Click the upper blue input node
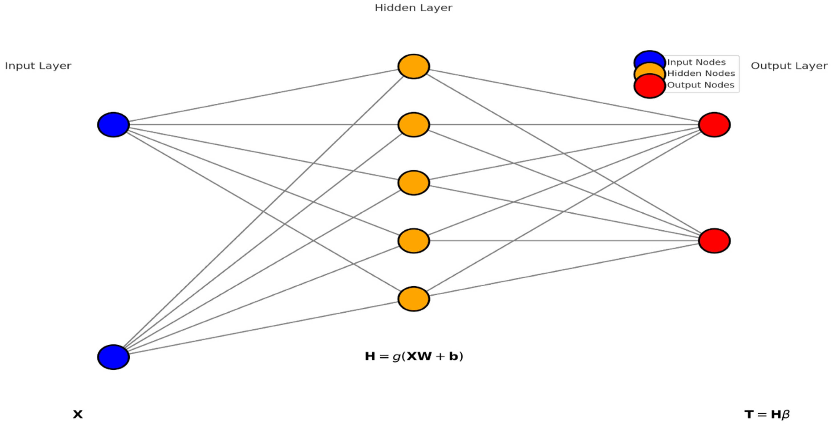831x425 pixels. (113, 125)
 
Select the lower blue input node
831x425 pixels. (113, 357)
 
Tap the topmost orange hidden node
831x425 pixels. (414, 67)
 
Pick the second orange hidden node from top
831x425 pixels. (414, 125)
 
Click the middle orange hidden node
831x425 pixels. (414, 183)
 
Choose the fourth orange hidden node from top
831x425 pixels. (414, 241)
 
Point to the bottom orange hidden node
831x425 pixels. (414, 299)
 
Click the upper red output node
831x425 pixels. (714, 125)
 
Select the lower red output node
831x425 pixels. (714, 241)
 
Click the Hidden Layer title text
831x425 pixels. (414, 8)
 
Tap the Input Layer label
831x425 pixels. (38, 66)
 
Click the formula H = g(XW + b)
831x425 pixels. (414, 356)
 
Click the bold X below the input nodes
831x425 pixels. (78, 414)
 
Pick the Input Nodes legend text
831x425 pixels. (696, 62)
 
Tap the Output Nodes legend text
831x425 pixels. (701, 85)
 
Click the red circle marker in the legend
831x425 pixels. (649, 87)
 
